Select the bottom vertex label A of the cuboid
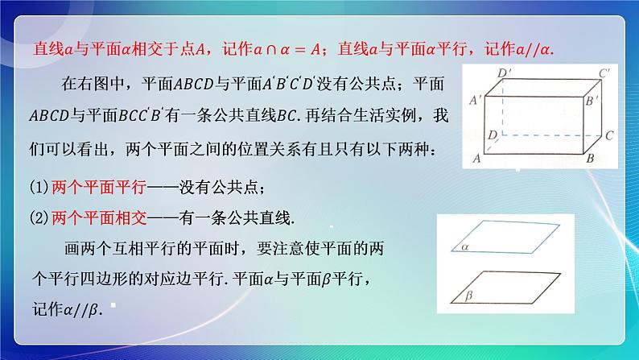click(x=477, y=159)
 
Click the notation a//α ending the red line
click(x=534, y=49)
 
